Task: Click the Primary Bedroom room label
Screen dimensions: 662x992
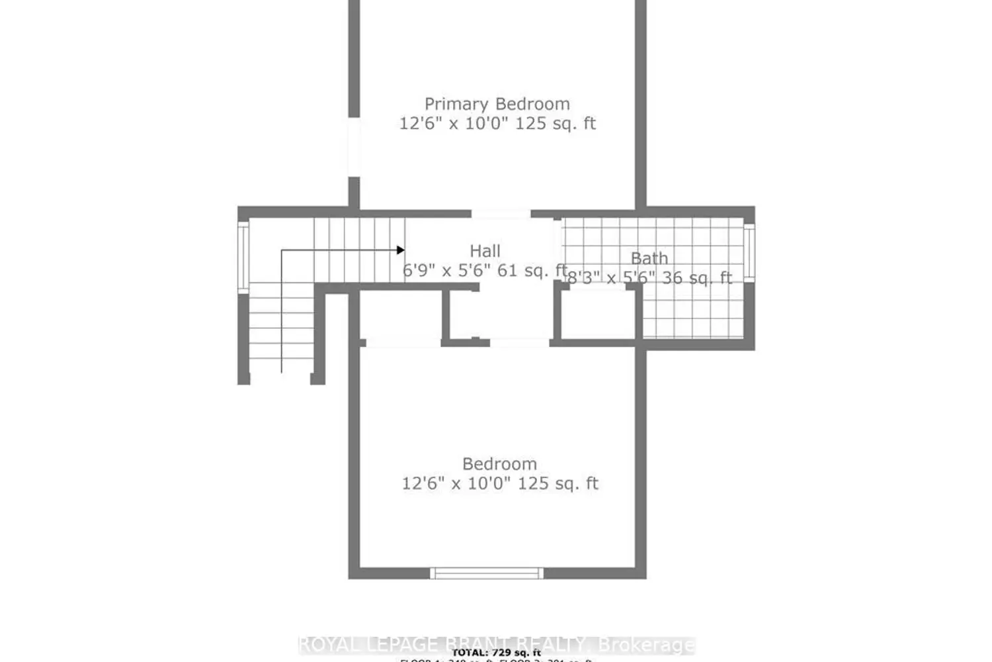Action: [497, 104]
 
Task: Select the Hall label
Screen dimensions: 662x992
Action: [485, 251]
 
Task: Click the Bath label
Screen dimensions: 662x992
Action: [649, 258]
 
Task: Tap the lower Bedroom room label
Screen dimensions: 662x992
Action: [499, 464]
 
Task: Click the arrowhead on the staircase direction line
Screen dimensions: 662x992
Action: [400, 250]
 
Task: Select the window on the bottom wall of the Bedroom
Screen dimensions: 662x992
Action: [486, 573]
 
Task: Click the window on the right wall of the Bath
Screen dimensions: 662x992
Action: [749, 254]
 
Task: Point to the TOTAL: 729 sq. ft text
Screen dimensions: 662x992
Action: [496, 653]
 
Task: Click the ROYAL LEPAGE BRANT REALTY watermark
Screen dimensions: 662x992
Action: [496, 644]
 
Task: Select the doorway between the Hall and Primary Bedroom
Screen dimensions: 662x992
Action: [501, 214]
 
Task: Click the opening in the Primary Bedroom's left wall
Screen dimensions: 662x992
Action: [354, 147]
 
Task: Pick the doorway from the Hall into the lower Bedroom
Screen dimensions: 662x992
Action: [519, 342]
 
